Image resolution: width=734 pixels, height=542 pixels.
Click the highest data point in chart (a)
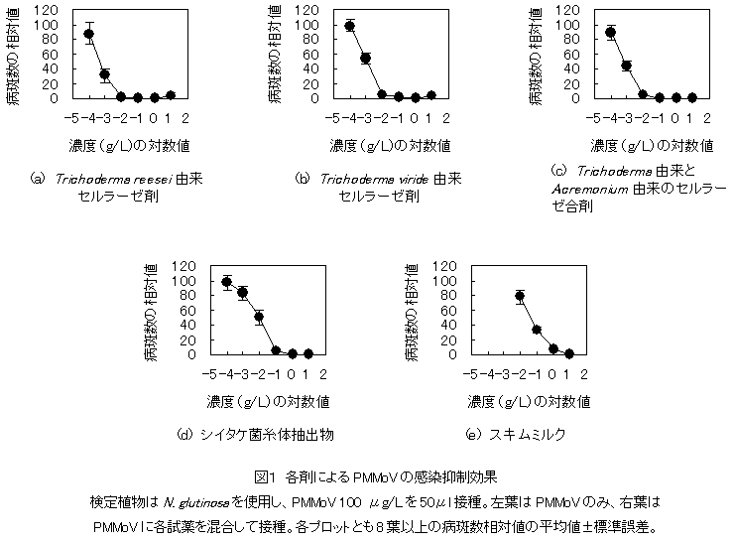coord(88,34)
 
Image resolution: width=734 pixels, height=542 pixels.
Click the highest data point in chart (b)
coord(350,26)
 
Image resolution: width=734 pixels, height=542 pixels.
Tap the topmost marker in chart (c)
coord(611,32)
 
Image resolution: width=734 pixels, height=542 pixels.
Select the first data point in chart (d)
coord(227,283)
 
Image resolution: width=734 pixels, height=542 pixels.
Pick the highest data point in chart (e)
coord(520,296)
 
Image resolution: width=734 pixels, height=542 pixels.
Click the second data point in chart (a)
coord(104,73)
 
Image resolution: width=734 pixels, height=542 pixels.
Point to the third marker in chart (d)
coord(259,318)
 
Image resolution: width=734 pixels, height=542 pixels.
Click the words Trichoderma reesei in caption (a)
coord(103,179)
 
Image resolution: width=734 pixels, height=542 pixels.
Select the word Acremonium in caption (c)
coord(587,189)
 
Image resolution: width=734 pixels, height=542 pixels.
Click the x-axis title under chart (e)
coord(529,402)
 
